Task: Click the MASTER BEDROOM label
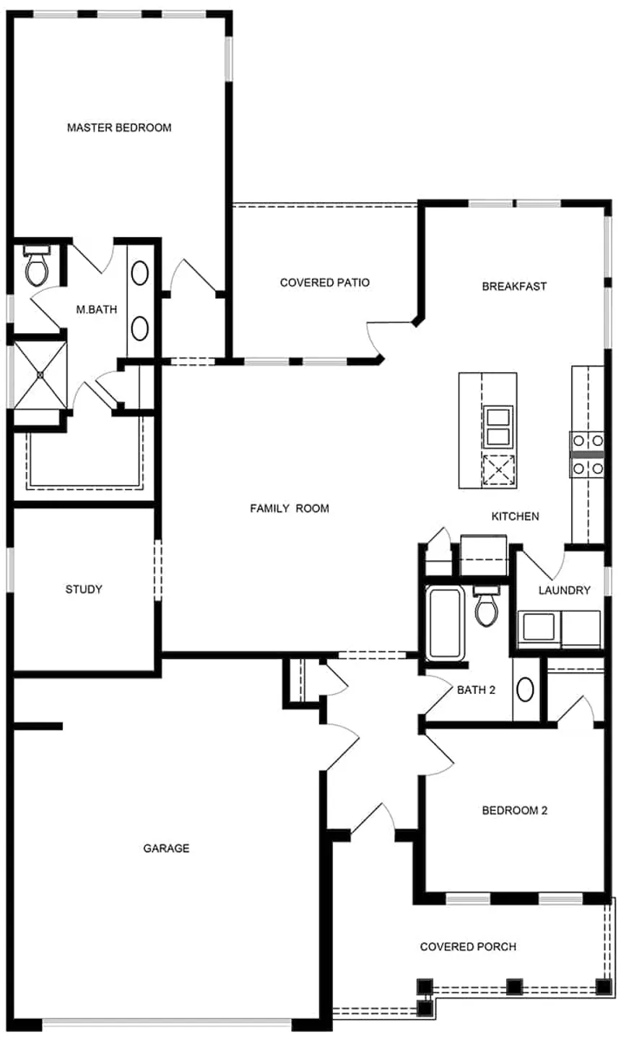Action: coord(119,128)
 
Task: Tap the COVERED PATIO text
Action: coord(325,283)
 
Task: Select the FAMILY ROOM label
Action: coord(290,508)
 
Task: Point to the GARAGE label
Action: coord(166,848)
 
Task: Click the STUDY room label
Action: coord(84,589)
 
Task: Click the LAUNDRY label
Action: coord(564,590)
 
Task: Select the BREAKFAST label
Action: coord(514,286)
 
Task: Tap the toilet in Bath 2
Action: coord(485,606)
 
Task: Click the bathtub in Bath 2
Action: coord(445,622)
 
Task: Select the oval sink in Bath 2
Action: coord(525,689)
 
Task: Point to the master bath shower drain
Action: coord(40,374)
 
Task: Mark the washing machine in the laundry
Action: coord(539,629)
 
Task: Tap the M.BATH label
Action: coord(97,309)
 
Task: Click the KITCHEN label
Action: coord(516,516)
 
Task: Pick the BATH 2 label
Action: coord(476,690)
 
